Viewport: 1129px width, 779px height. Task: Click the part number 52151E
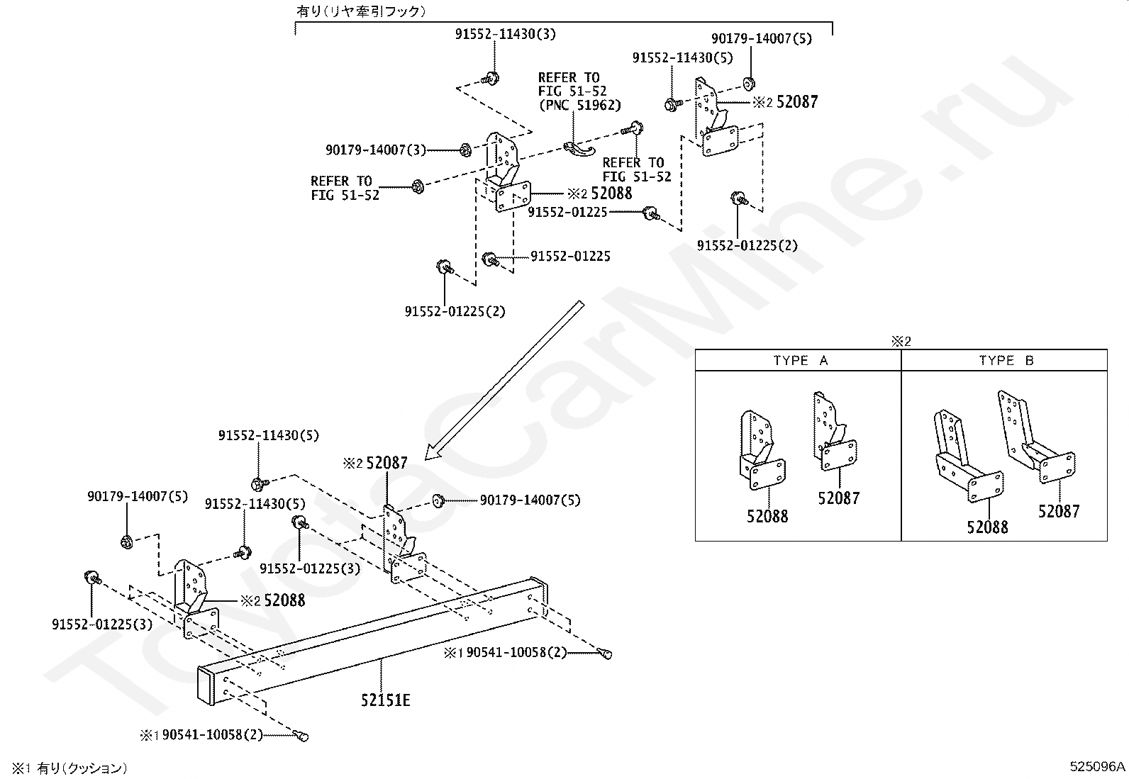pos(386,700)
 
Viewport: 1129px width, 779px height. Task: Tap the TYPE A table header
pos(801,360)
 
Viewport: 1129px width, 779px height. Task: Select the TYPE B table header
pos(1006,360)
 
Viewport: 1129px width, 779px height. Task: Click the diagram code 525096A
pos(1097,766)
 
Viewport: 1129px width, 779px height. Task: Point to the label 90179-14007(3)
pos(375,150)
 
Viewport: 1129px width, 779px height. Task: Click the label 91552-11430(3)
pos(505,34)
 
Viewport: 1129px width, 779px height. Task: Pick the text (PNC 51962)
pos(579,105)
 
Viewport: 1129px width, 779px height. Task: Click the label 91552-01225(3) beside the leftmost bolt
pos(102,624)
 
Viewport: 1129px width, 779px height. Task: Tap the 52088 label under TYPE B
pos(987,527)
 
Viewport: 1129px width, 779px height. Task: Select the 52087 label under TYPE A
pos(838,498)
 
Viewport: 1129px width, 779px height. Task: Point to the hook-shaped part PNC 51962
pos(579,150)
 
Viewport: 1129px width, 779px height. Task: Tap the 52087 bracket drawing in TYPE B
pos(1037,436)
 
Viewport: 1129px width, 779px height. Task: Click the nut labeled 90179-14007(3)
pos(465,150)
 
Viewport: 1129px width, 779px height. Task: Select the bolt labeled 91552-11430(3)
pos(490,79)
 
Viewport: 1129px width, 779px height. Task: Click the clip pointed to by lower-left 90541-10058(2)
pos(301,736)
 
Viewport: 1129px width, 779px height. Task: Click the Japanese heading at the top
pos(362,11)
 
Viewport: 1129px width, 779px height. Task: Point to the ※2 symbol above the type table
pos(901,341)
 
